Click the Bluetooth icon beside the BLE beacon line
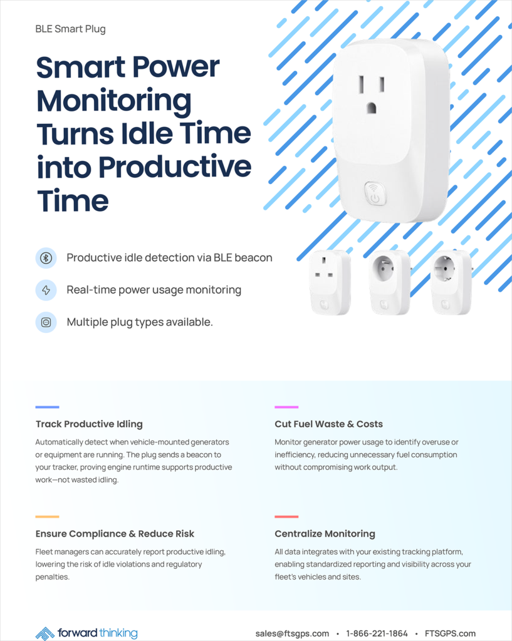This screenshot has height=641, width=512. click(x=46, y=258)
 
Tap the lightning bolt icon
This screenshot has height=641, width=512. click(x=46, y=290)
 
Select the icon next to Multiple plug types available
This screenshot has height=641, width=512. click(x=46, y=322)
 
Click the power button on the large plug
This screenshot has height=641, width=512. click(x=375, y=194)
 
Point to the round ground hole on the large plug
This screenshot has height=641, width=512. click(x=371, y=108)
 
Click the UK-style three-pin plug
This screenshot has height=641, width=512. click(x=330, y=282)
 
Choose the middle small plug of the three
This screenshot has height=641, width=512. click(x=389, y=282)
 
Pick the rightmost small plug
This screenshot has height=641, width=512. click(x=451, y=282)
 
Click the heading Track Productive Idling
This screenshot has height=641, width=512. click(x=89, y=424)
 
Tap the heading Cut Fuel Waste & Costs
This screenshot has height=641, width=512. click(x=328, y=424)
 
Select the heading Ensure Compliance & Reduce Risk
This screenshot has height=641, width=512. click(x=115, y=533)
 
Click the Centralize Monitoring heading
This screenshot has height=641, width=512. click(x=325, y=533)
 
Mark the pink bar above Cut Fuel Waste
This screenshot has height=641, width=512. click(x=286, y=407)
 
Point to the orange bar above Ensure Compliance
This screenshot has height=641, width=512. click(x=47, y=516)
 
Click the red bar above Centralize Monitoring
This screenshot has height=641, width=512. click(x=286, y=516)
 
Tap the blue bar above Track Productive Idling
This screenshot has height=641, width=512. click(x=47, y=407)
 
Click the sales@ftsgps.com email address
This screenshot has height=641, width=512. click(x=292, y=633)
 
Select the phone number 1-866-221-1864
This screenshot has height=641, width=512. click(x=377, y=633)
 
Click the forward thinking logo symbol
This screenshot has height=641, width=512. click(x=45, y=633)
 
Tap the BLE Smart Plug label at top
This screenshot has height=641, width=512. click(x=70, y=29)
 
